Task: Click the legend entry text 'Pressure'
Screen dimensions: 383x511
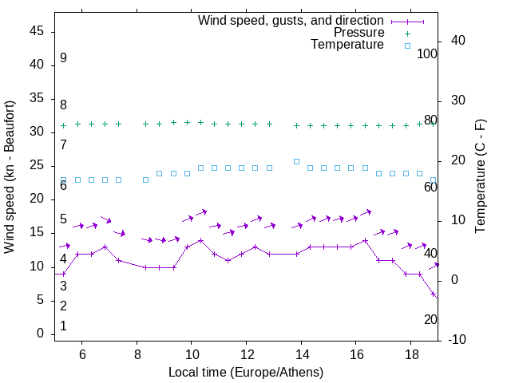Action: (x=359, y=33)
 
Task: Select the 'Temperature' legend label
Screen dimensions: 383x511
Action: (x=347, y=45)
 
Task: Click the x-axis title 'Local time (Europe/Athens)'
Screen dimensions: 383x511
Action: (x=246, y=373)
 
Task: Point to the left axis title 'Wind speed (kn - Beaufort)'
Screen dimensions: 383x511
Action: (x=10, y=177)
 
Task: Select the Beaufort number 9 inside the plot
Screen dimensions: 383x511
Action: (x=63, y=58)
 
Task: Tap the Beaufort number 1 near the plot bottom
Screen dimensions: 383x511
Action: (x=63, y=326)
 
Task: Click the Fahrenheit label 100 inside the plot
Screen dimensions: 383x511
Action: (x=428, y=53)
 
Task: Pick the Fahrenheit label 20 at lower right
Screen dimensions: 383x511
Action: (x=430, y=319)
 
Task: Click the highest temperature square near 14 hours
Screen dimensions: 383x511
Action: (x=296, y=161)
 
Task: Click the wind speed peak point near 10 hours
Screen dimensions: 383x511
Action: (x=200, y=240)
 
